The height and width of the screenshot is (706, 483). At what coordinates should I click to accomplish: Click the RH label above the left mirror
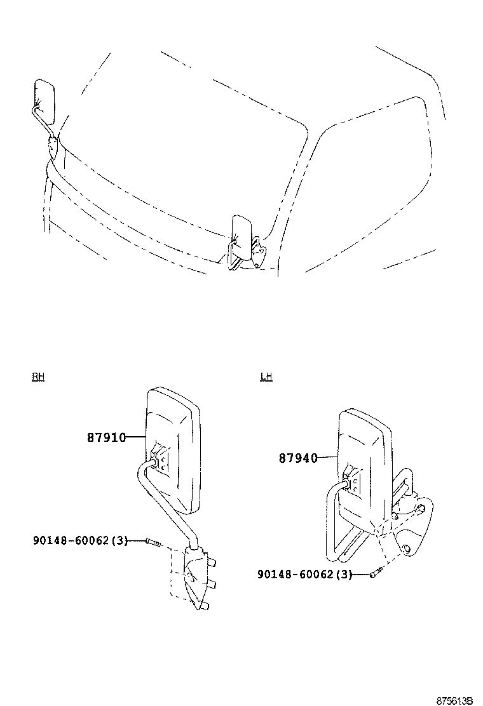[38, 376]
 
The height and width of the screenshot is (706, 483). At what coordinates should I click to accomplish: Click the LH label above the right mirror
[266, 376]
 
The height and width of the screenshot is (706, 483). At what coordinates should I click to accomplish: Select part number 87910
[106, 437]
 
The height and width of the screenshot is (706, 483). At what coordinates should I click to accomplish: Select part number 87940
[297, 457]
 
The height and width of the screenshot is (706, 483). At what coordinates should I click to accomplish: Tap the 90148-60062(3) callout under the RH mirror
[80, 540]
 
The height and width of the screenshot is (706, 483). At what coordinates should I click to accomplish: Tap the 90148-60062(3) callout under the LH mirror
[304, 574]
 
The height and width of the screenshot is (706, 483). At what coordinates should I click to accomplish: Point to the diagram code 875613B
[454, 700]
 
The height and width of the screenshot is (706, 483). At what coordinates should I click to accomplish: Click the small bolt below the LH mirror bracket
[375, 574]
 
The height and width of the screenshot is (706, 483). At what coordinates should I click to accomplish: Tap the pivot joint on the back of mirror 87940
[351, 483]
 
